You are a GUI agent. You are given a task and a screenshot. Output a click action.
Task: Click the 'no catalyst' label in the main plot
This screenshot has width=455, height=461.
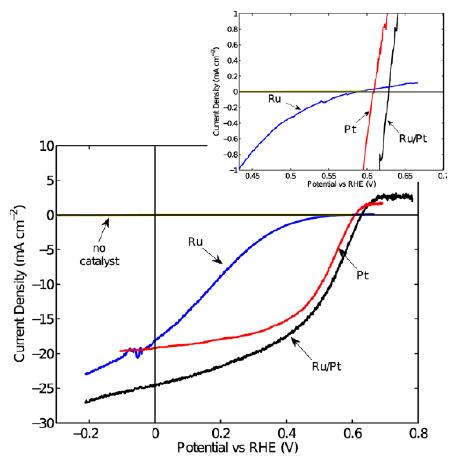(99, 255)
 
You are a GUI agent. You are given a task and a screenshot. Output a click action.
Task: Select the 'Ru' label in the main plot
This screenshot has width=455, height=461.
(195, 242)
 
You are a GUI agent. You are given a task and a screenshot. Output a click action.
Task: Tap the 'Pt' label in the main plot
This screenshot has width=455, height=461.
(362, 275)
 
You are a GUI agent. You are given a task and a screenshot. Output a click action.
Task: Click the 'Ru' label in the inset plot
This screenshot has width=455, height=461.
(274, 99)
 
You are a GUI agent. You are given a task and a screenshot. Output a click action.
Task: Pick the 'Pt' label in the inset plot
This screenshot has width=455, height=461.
(350, 129)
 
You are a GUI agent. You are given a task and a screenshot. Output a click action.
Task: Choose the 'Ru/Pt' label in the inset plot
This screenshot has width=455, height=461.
(413, 139)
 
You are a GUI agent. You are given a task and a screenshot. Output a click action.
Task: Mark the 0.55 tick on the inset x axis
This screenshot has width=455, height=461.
(329, 176)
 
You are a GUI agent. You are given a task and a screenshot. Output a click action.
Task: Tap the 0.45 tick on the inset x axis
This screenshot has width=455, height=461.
(252, 176)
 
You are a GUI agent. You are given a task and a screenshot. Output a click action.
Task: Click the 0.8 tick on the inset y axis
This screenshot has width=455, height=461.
(232, 29)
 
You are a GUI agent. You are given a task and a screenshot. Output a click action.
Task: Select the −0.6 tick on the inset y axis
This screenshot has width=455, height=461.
(231, 139)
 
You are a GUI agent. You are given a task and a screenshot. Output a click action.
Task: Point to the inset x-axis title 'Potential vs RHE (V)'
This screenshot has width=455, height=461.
(341, 184)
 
